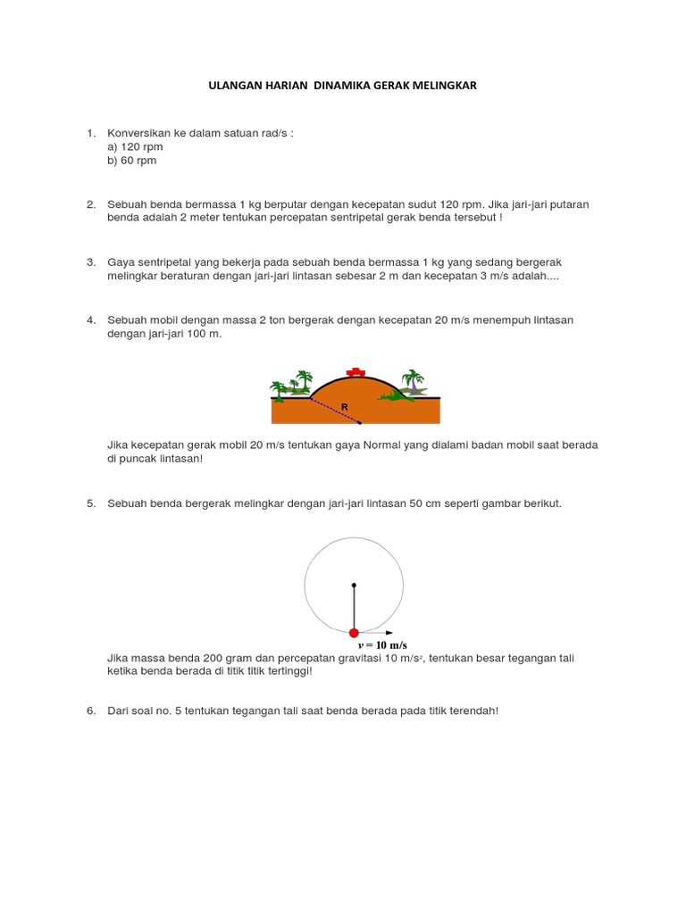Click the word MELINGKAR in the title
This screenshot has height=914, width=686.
pyautogui.click(x=441, y=85)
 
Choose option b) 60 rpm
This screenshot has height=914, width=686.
pyautogui.click(x=131, y=161)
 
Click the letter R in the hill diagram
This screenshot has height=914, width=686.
pyautogui.click(x=343, y=406)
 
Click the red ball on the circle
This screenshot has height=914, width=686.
pyautogui.click(x=354, y=632)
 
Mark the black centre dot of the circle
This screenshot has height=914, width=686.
pyautogui.click(x=354, y=586)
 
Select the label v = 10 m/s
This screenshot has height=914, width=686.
pyautogui.click(x=382, y=644)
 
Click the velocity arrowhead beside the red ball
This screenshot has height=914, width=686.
pyautogui.click(x=389, y=632)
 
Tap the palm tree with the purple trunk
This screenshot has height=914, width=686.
pyautogui.click(x=412, y=381)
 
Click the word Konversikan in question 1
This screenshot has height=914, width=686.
pyautogui.click(x=140, y=133)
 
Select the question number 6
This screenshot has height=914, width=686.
pyautogui.click(x=90, y=710)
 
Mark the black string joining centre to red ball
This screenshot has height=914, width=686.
pyautogui.click(x=354, y=609)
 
